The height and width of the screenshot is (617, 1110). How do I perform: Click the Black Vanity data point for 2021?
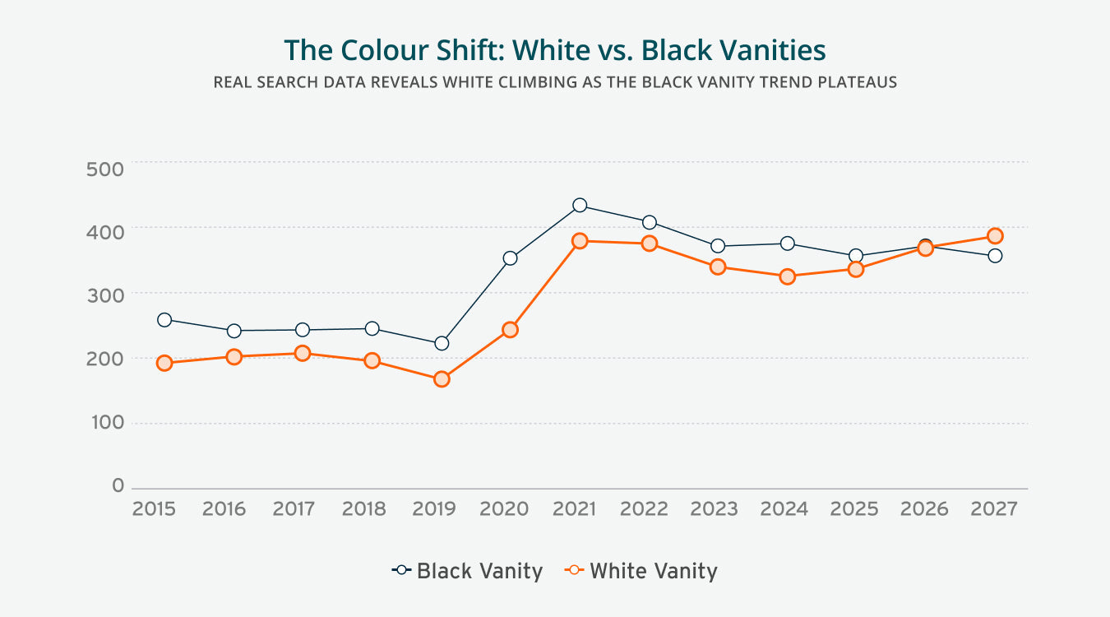coord(580,205)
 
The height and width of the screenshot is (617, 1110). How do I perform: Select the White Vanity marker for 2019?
coord(442,379)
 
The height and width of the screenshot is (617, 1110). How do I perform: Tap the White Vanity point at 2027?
coord(995,236)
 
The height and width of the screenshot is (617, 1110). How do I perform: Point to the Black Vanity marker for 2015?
coord(164,319)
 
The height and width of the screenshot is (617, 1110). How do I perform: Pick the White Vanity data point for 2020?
coord(510,329)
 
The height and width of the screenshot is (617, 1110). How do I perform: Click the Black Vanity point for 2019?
coord(442,343)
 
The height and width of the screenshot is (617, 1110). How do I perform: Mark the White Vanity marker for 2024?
coord(787,276)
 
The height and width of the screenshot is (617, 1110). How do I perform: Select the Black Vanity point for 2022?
coord(649,222)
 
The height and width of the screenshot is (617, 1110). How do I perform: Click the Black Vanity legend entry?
coord(468,571)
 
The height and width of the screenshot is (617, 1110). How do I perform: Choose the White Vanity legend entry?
coord(641,571)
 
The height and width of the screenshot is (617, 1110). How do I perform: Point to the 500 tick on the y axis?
coord(104,169)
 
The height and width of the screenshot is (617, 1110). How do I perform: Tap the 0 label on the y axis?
coord(118,486)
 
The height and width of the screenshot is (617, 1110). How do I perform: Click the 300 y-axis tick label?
coord(104,295)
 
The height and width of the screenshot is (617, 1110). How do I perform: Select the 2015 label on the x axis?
coord(154,509)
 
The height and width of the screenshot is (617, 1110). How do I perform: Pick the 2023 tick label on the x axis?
coord(714,509)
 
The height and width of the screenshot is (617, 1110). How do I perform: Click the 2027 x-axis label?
coord(993,509)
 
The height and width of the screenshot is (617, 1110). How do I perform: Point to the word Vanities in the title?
coord(773,50)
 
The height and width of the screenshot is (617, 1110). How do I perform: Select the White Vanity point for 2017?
coord(303,354)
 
